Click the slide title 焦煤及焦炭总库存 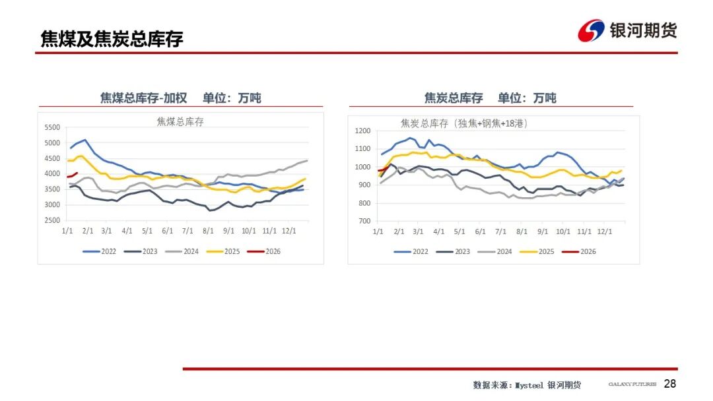coord(112,38)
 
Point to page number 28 coord(670,384)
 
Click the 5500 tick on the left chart coord(51,127)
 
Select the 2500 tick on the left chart coord(51,220)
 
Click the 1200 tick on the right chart coord(363,131)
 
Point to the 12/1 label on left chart coord(289,231)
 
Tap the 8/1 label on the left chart coord(209,231)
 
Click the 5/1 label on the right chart coord(460,231)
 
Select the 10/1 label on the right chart coord(563,231)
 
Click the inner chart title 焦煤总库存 coord(180,121)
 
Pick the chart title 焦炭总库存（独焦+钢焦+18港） coord(464,123)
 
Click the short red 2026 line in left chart coord(73,175)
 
